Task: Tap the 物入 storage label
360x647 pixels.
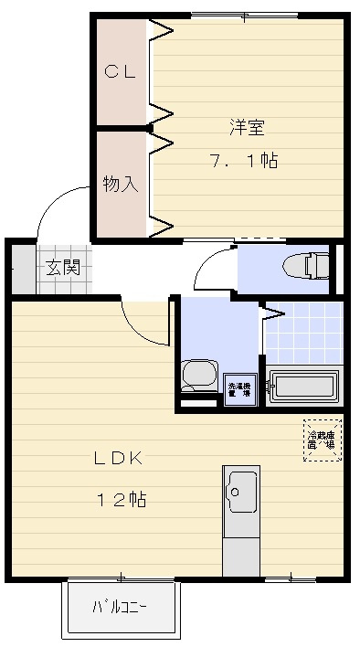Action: point(120,184)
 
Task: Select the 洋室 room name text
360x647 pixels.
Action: point(243,127)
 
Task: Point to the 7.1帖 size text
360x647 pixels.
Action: point(243,161)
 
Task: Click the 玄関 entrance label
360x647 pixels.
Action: point(63,268)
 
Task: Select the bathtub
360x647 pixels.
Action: point(305,384)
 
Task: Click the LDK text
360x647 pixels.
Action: point(117,458)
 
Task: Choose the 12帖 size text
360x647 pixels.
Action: point(122,500)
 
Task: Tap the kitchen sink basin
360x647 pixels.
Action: point(240,493)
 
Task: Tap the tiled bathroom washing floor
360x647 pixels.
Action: point(304,333)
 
